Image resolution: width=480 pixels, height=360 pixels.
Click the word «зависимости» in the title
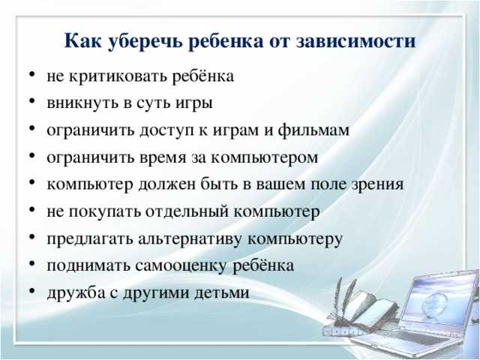[x=356, y=40]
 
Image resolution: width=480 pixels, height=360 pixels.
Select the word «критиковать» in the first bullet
[x=118, y=76]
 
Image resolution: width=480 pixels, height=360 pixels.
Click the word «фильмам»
[x=313, y=130]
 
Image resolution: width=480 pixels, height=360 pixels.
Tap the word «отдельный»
[x=187, y=211]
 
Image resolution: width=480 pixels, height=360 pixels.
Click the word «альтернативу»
[x=190, y=239]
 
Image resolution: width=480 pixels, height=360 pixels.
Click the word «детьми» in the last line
[x=222, y=292]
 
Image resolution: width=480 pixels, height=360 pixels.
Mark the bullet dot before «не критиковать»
[x=32, y=75]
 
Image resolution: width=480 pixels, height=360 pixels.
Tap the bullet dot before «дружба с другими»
[x=32, y=292]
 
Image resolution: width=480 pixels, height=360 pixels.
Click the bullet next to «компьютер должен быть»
[x=32, y=183]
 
